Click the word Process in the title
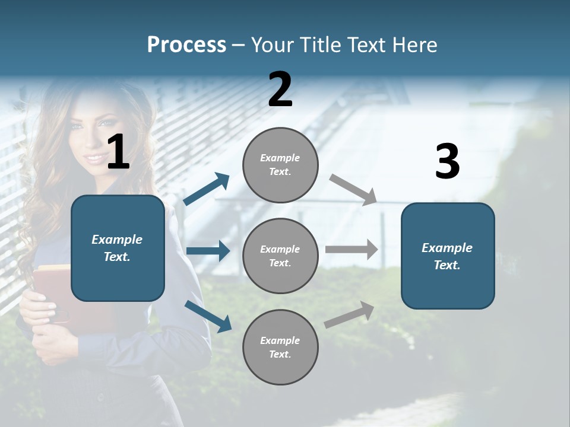pos(186,45)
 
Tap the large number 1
pos(118,152)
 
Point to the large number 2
pos(280,90)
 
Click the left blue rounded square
pos(118,248)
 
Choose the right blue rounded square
pos(448,256)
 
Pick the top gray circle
pos(280,165)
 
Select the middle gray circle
pos(280,256)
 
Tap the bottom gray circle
pos(280,348)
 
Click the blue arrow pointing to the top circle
pos(207,189)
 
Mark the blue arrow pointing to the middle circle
pos(208,251)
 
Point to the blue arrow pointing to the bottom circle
pos(208,316)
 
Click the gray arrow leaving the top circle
pos(353,189)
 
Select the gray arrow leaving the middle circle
pos(351,249)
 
